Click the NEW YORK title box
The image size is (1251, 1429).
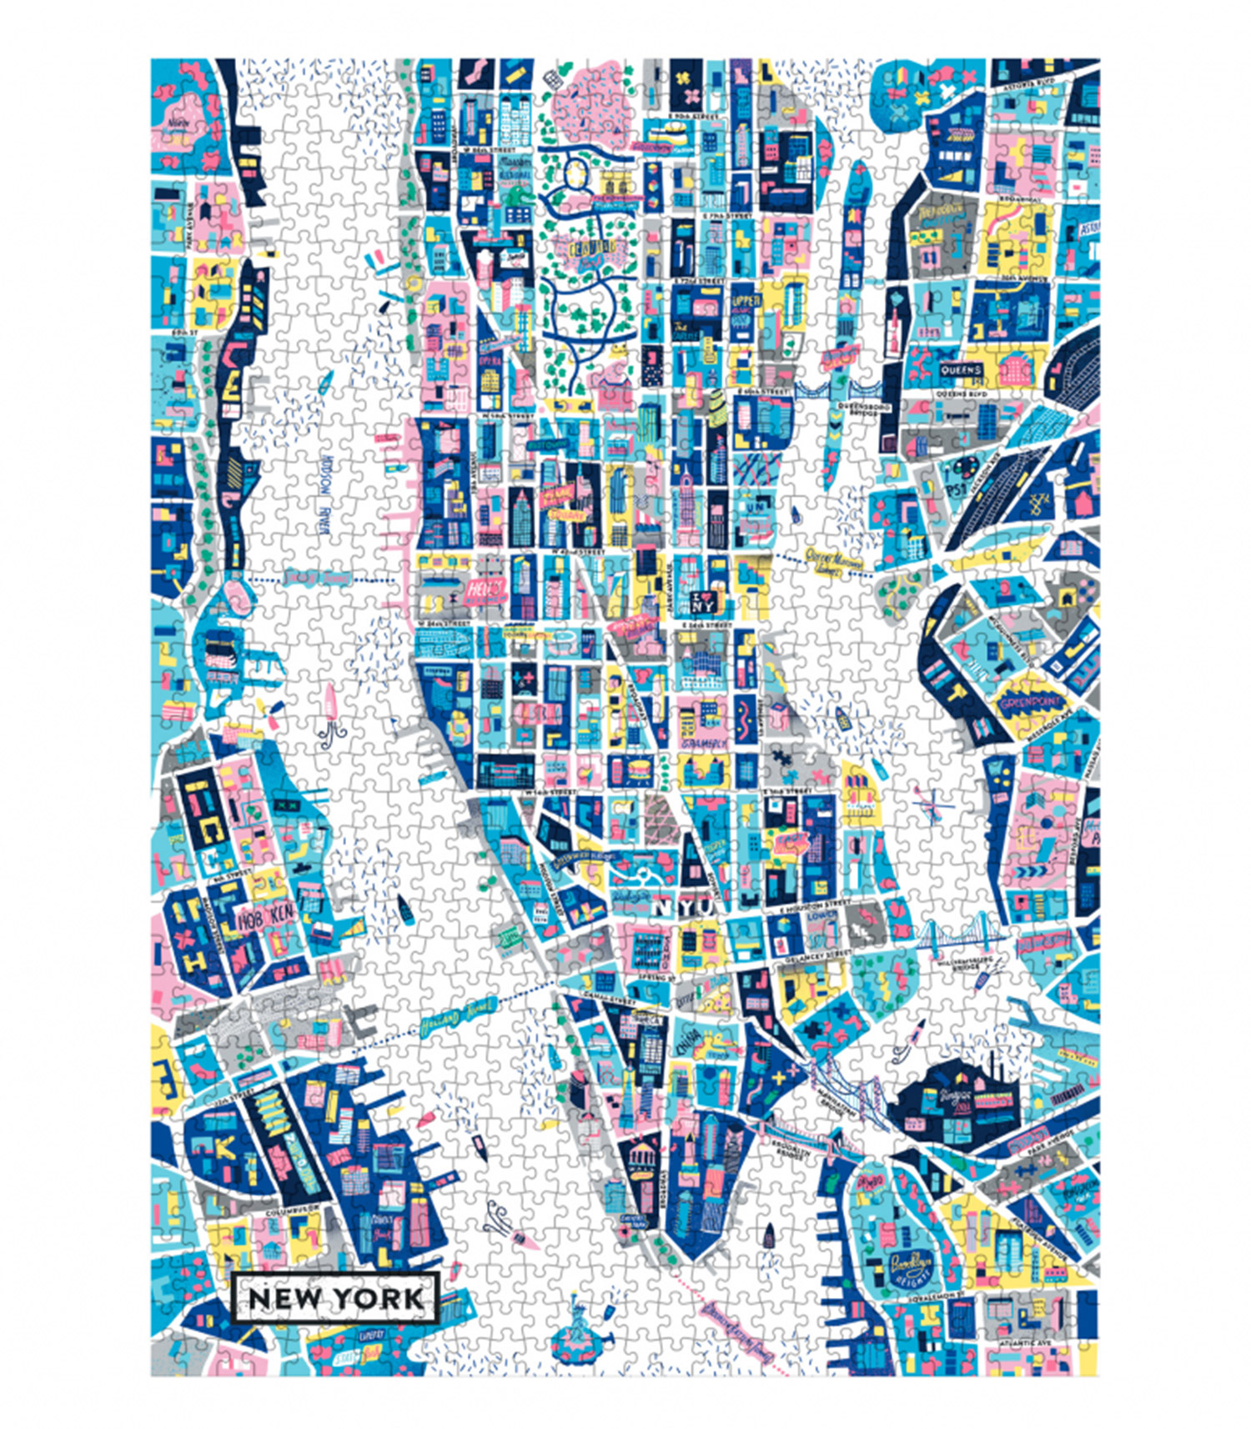[x=334, y=1298]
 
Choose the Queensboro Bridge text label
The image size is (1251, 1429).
[x=862, y=412]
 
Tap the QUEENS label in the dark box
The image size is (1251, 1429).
[x=961, y=369]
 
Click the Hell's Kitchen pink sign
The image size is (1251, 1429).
[x=484, y=591]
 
